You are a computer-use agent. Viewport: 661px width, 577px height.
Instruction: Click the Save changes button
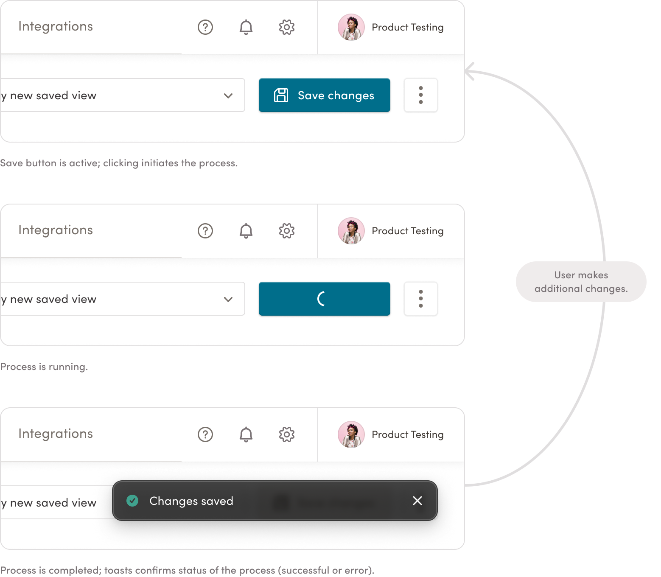coord(324,95)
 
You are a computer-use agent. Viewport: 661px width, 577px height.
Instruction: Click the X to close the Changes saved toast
coord(417,501)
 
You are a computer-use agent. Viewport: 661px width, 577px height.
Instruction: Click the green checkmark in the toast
coord(132,501)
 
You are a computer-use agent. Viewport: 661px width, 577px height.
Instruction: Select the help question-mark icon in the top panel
coord(205,27)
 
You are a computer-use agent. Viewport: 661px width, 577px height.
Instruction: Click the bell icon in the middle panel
coord(246,231)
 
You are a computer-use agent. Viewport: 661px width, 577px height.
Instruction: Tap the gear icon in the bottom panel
coord(286,434)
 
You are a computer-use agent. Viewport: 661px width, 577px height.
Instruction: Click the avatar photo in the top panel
coord(351,27)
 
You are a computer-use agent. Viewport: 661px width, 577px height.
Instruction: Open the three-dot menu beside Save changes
coord(420,95)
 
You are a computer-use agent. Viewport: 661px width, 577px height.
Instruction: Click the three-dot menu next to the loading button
coord(420,299)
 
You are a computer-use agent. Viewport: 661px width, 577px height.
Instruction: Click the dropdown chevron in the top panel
coord(228,95)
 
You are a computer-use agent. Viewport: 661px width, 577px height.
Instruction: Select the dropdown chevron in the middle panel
coord(228,299)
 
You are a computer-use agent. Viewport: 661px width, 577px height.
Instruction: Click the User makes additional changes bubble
coord(581,281)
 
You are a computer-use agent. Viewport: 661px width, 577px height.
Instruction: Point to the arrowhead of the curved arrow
coord(465,71)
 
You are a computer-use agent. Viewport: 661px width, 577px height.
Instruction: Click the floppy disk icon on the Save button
coord(281,95)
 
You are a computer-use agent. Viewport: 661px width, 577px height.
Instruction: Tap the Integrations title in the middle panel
coord(56,230)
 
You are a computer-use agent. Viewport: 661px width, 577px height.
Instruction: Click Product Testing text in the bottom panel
coord(407,434)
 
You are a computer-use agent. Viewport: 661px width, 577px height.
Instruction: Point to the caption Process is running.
coord(44,367)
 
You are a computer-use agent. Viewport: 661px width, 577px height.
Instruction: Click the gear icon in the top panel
coord(286,27)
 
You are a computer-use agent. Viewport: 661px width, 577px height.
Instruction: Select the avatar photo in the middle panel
coord(351,231)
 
